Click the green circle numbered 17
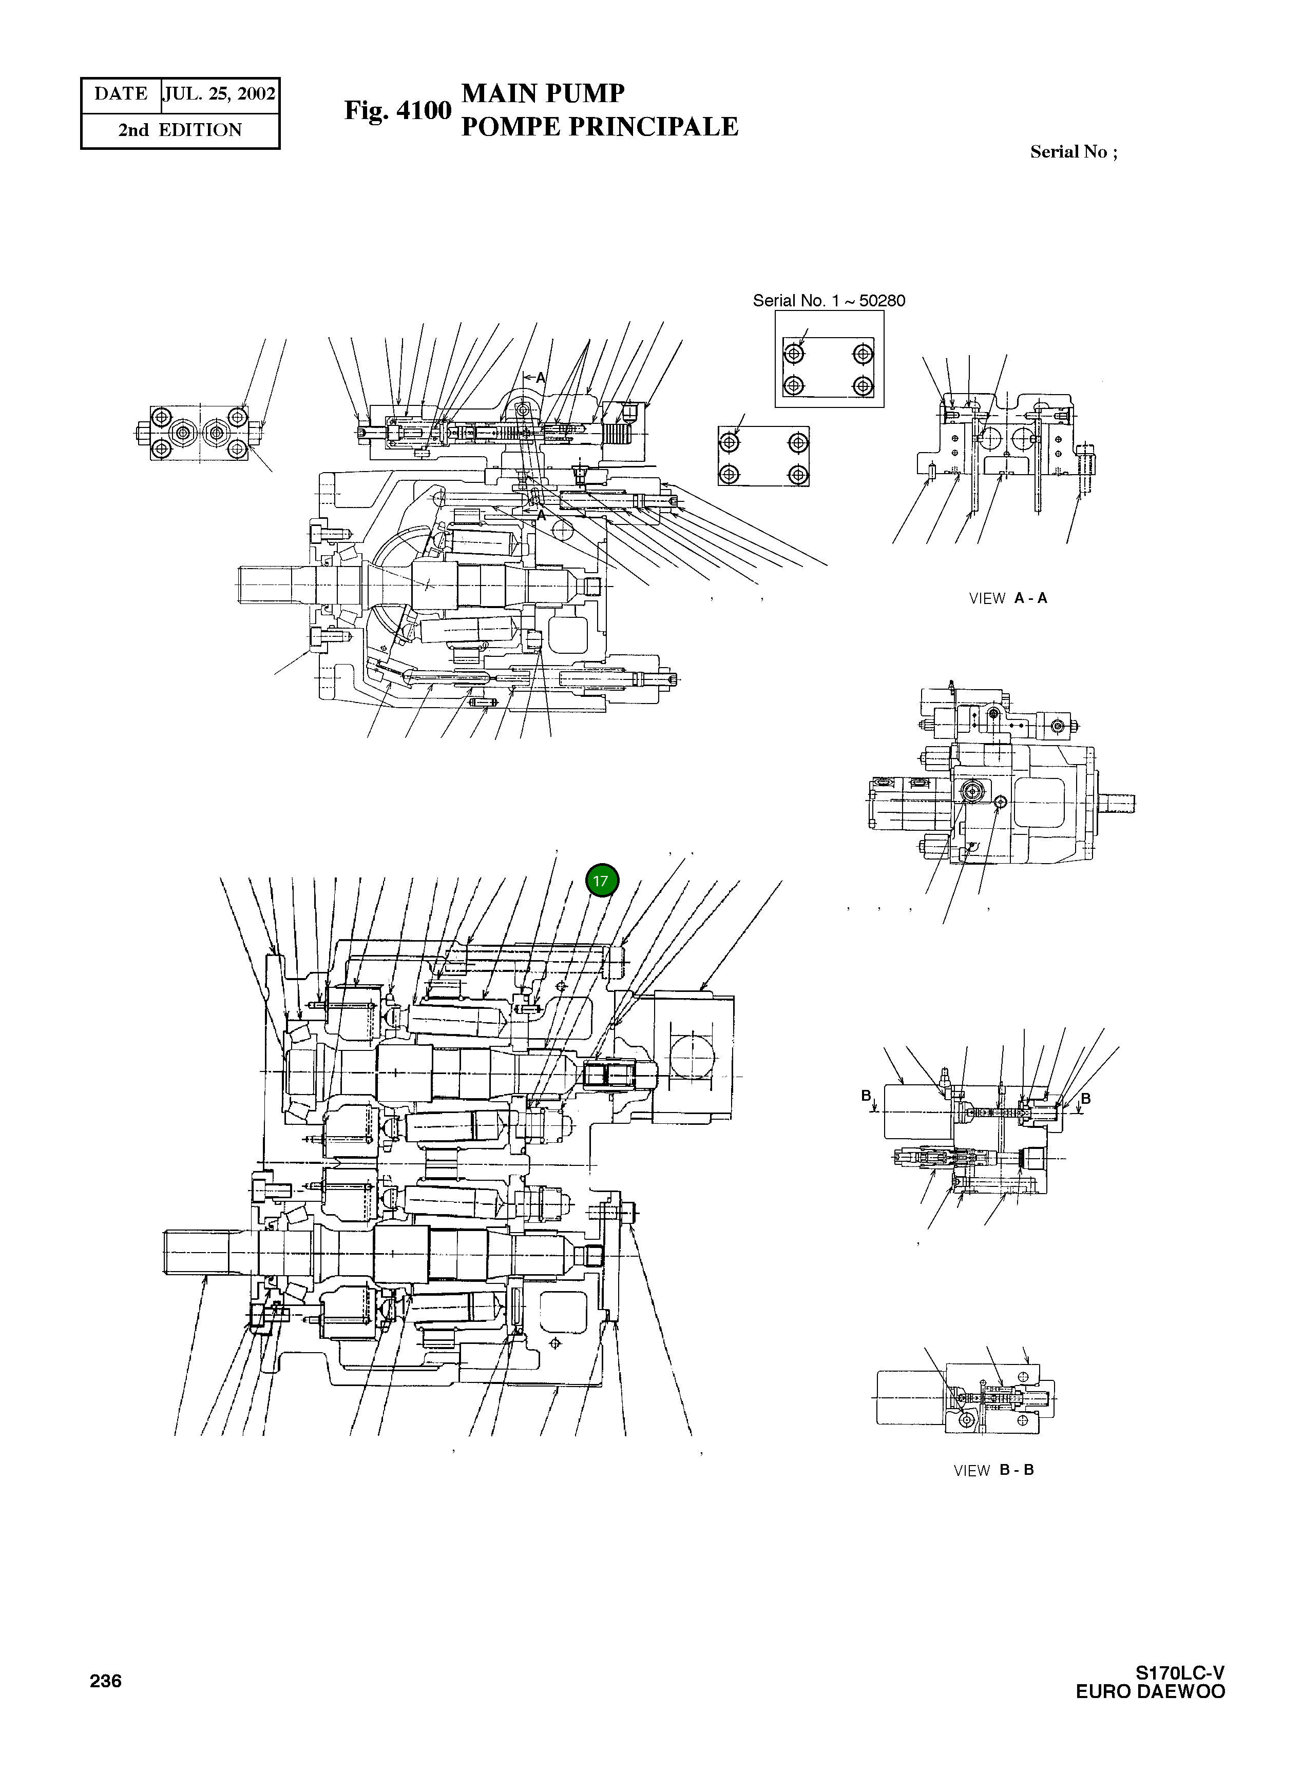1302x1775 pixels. coord(602,881)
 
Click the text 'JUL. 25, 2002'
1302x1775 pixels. coord(219,94)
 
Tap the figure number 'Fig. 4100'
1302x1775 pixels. coord(397,110)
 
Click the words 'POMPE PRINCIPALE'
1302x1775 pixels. coord(599,127)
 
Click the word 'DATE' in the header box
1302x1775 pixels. coord(121,94)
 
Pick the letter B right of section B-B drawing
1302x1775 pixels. coord(1085,1098)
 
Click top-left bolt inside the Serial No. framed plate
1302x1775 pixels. coord(794,354)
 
